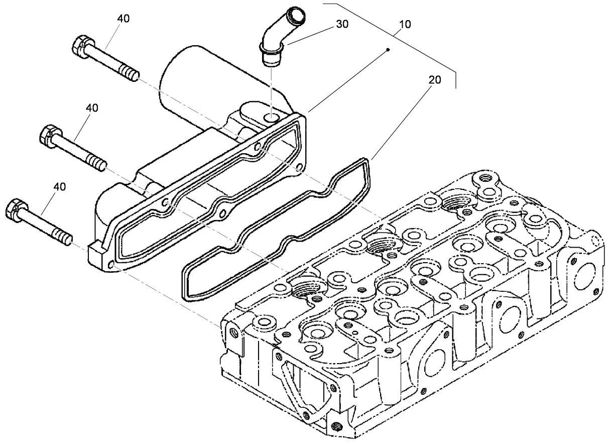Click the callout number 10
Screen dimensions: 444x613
(x=405, y=24)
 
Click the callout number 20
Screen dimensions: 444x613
(x=435, y=80)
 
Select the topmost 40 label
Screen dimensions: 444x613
(x=123, y=18)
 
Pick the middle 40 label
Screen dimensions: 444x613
(x=92, y=108)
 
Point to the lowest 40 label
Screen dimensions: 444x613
(x=59, y=186)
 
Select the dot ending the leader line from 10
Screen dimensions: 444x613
(x=389, y=50)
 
